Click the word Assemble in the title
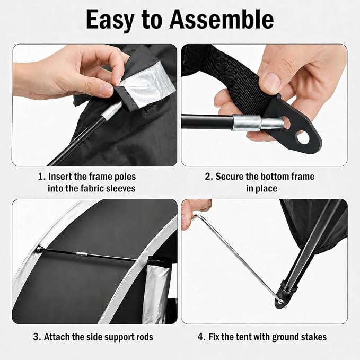221,20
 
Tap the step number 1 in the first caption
41,177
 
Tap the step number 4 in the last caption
201,337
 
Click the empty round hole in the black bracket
303,137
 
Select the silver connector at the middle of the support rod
82,254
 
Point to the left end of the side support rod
39,249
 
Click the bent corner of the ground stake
196,216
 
